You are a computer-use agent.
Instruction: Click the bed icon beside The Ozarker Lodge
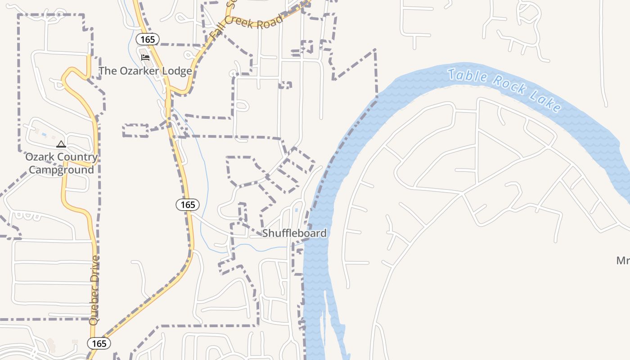tap(145, 58)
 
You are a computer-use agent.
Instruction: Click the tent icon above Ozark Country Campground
tap(61, 144)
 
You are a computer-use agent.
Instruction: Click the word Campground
tap(61, 170)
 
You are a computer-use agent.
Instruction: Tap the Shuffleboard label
tap(294, 233)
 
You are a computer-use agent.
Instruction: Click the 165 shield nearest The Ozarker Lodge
tap(147, 40)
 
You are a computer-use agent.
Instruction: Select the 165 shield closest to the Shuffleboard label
tap(188, 205)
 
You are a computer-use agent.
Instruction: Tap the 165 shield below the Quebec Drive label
tap(99, 344)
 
